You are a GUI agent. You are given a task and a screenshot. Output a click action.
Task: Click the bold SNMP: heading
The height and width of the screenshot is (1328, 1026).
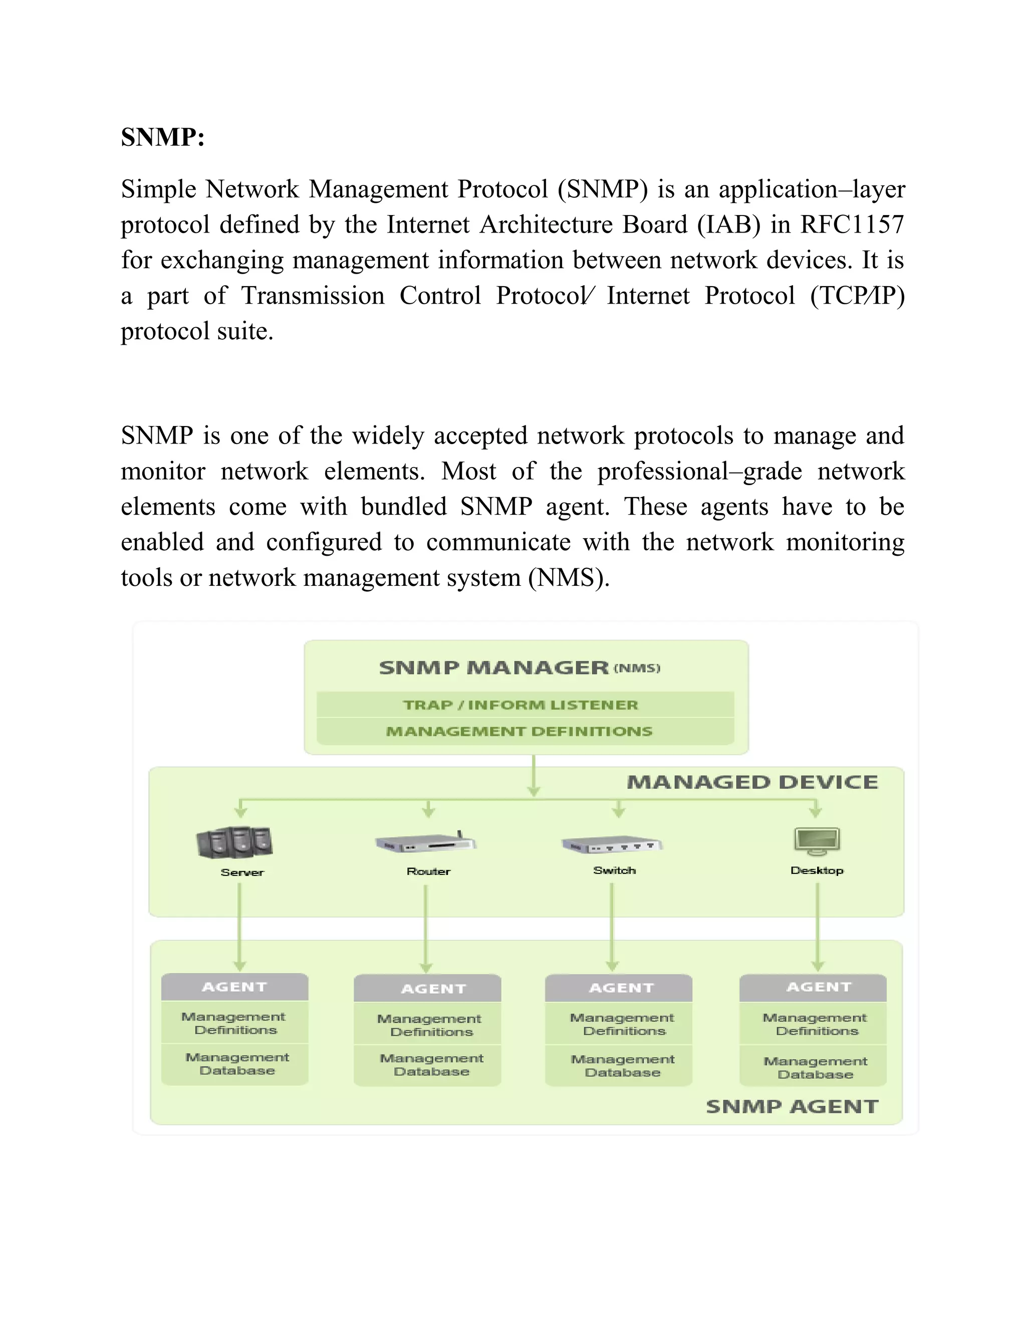point(162,137)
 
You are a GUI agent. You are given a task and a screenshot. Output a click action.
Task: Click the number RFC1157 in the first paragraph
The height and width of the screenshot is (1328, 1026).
point(852,225)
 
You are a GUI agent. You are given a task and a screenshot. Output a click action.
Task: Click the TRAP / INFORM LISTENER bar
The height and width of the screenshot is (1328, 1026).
point(521,705)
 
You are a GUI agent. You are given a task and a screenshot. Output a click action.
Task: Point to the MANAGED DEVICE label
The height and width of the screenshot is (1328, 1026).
point(752,782)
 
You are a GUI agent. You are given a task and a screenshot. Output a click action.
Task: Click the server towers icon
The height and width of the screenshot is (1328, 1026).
point(234,842)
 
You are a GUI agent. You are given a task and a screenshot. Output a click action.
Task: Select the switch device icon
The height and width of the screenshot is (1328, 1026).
point(612,844)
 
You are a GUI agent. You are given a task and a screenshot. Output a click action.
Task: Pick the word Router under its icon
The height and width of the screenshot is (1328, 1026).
point(428,871)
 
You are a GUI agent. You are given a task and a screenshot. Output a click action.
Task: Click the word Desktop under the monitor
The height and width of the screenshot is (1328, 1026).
point(817,870)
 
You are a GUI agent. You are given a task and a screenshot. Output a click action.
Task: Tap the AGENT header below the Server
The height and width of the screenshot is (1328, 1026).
point(234,987)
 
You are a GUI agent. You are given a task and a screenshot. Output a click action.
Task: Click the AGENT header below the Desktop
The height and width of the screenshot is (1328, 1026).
point(819,987)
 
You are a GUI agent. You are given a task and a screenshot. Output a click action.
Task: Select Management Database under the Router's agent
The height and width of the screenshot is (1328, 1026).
point(431,1065)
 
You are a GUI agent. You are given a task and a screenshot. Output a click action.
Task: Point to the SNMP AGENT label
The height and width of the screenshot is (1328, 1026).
point(792,1106)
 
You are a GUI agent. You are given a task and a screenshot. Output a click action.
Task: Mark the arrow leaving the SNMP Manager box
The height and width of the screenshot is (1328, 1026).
point(534,775)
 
